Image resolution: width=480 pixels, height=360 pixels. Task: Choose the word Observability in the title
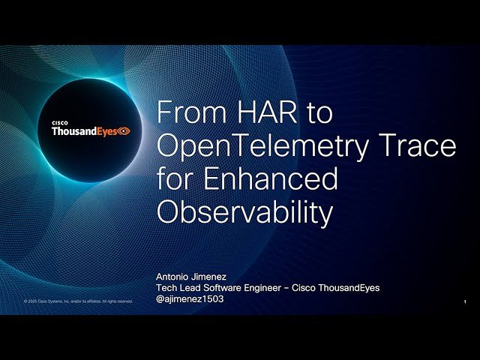pos(244,213)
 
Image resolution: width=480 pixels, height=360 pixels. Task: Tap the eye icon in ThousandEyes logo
pos(124,131)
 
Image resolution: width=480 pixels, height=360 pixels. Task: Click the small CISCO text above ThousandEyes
pos(60,122)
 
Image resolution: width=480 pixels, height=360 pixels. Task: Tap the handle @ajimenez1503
pos(190,298)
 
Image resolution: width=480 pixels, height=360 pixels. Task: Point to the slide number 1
pos(466,301)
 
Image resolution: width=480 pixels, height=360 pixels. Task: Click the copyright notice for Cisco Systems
pos(78,301)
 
